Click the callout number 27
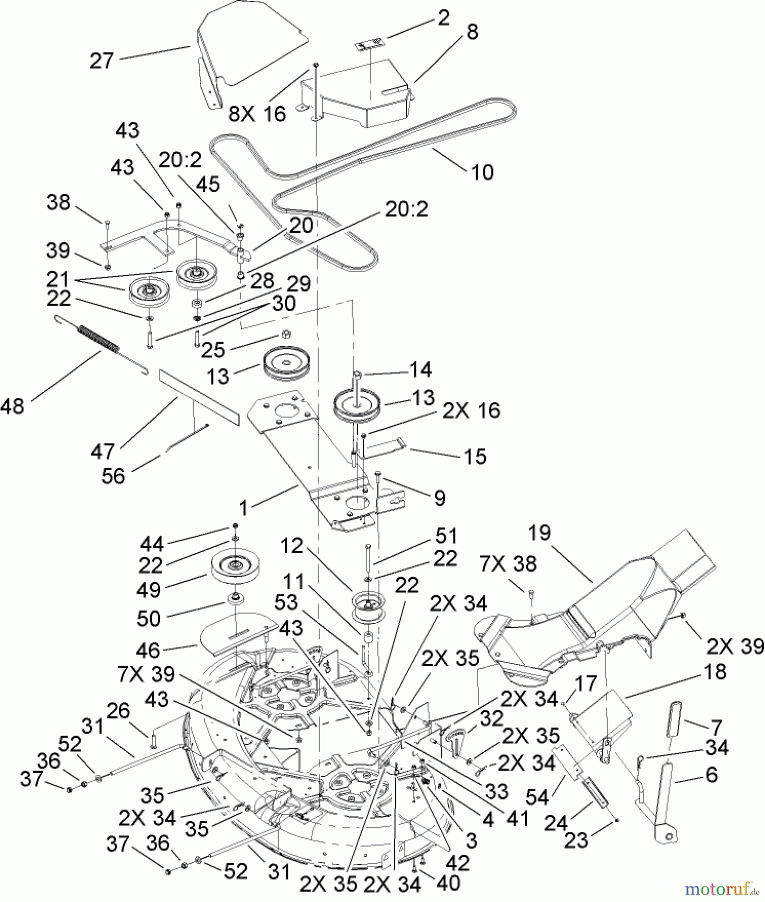point(102,62)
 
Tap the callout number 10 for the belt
point(482,172)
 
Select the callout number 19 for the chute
point(539,532)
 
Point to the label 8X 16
point(257,114)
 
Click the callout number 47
point(103,452)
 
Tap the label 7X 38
point(507,564)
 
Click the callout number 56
point(113,476)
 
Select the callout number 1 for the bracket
point(243,508)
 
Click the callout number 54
point(538,797)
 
